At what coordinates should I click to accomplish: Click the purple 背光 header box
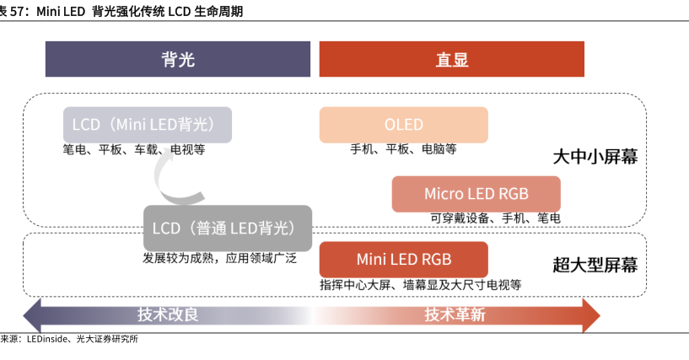(178, 59)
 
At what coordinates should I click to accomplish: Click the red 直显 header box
(452, 59)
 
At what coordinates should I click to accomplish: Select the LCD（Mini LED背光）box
(148, 125)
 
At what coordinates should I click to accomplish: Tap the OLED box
(403, 125)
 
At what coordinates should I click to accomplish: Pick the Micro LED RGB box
(476, 194)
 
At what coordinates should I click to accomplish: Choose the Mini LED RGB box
(403, 260)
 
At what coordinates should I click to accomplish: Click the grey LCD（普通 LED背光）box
(228, 228)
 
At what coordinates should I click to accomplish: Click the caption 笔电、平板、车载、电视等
(134, 150)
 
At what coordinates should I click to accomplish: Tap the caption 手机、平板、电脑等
(403, 149)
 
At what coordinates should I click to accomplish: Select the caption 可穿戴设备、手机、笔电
(495, 218)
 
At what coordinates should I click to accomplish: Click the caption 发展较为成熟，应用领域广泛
(220, 258)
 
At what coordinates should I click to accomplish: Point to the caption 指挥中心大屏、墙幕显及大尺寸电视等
(421, 285)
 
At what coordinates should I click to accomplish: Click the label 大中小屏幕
(595, 157)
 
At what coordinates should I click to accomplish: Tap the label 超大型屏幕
(595, 266)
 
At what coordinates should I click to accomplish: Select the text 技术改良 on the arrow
(168, 314)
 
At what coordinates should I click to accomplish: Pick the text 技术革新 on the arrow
(455, 314)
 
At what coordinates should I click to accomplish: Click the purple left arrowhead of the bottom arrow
(32, 315)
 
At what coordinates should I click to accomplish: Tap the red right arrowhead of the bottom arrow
(591, 315)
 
